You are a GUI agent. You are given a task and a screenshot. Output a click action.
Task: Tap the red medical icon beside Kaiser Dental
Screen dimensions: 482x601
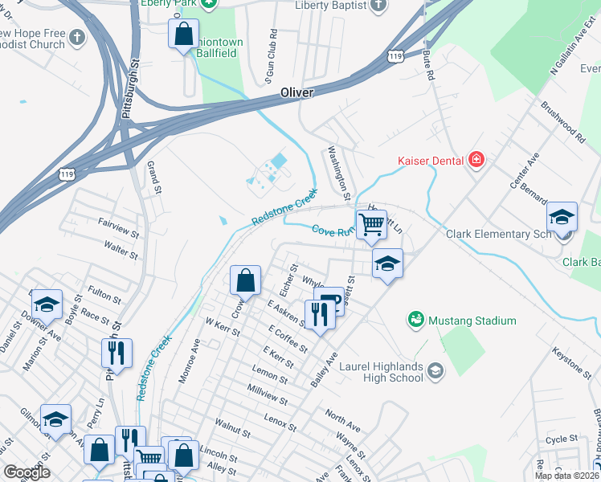(476, 161)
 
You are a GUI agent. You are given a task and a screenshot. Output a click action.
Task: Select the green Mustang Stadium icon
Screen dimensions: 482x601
(416, 321)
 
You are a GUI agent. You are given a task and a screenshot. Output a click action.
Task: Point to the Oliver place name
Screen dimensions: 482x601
(296, 93)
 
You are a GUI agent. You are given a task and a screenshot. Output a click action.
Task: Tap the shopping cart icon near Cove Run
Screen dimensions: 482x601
(371, 224)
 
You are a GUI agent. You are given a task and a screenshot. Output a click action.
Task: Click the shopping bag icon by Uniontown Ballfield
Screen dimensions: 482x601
(183, 35)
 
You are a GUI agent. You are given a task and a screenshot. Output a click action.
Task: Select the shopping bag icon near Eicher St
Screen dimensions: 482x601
(246, 280)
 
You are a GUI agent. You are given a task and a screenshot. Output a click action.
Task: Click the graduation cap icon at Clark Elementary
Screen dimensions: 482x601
(562, 216)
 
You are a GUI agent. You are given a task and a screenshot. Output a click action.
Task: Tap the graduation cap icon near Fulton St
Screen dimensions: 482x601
(47, 304)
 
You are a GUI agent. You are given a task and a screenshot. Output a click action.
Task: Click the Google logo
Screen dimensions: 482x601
(27, 472)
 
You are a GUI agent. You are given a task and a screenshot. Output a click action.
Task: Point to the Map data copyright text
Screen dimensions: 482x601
(566, 475)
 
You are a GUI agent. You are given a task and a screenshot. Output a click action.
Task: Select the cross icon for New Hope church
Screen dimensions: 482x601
(76, 38)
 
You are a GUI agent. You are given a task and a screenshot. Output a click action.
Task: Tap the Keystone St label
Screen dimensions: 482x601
(571, 358)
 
